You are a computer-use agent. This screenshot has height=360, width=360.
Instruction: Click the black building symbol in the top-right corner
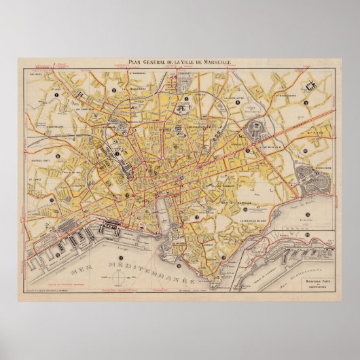tap(313, 86)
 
